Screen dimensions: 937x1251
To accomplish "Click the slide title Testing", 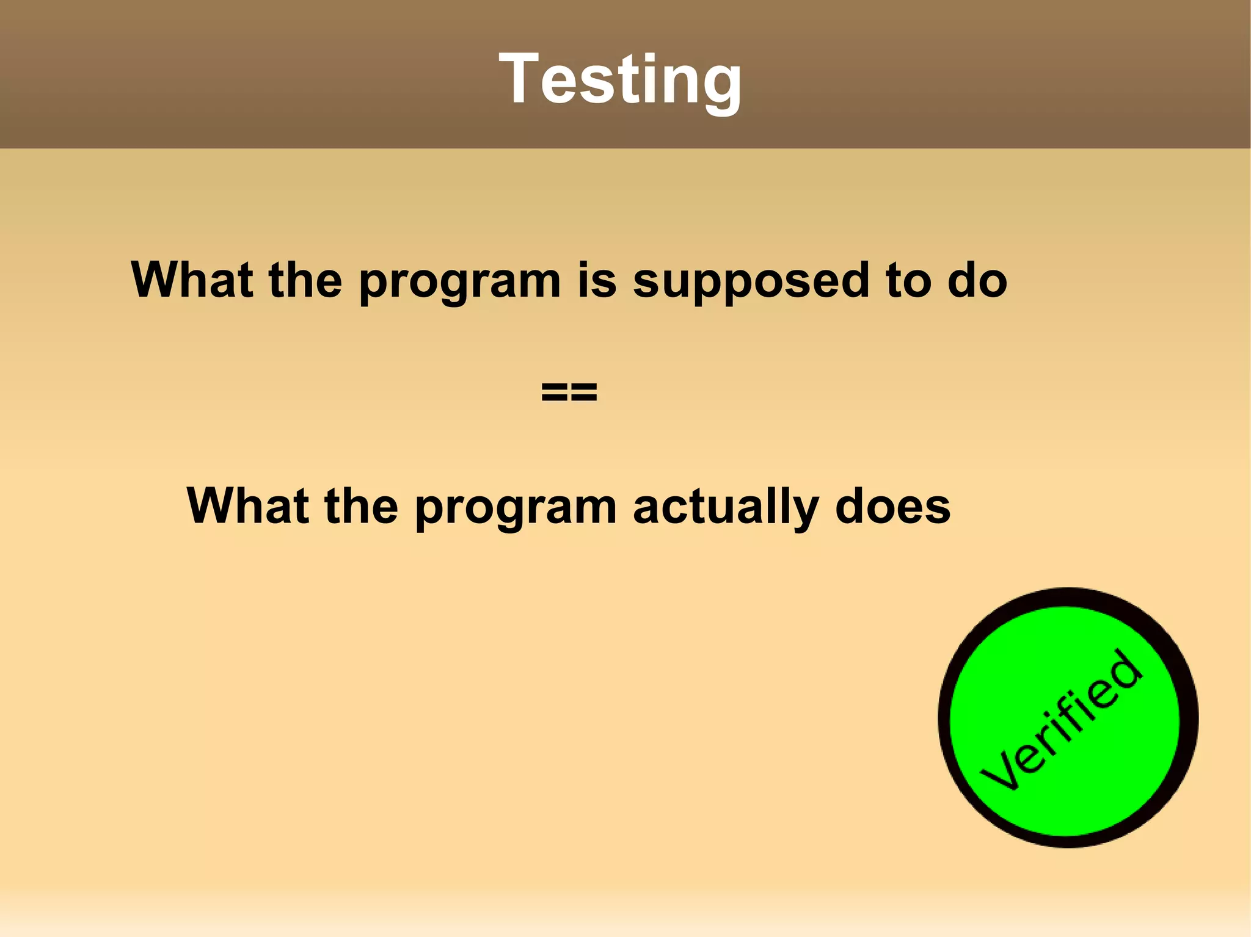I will click(620, 79).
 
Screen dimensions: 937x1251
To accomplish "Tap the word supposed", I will click(750, 282).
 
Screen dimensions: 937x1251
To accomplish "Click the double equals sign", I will click(569, 393).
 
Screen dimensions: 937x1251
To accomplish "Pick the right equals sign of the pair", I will click(584, 393).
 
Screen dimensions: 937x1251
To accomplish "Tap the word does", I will click(892, 506).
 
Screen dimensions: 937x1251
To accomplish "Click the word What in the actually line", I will click(247, 506).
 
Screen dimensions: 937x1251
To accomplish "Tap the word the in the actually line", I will click(361, 506).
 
